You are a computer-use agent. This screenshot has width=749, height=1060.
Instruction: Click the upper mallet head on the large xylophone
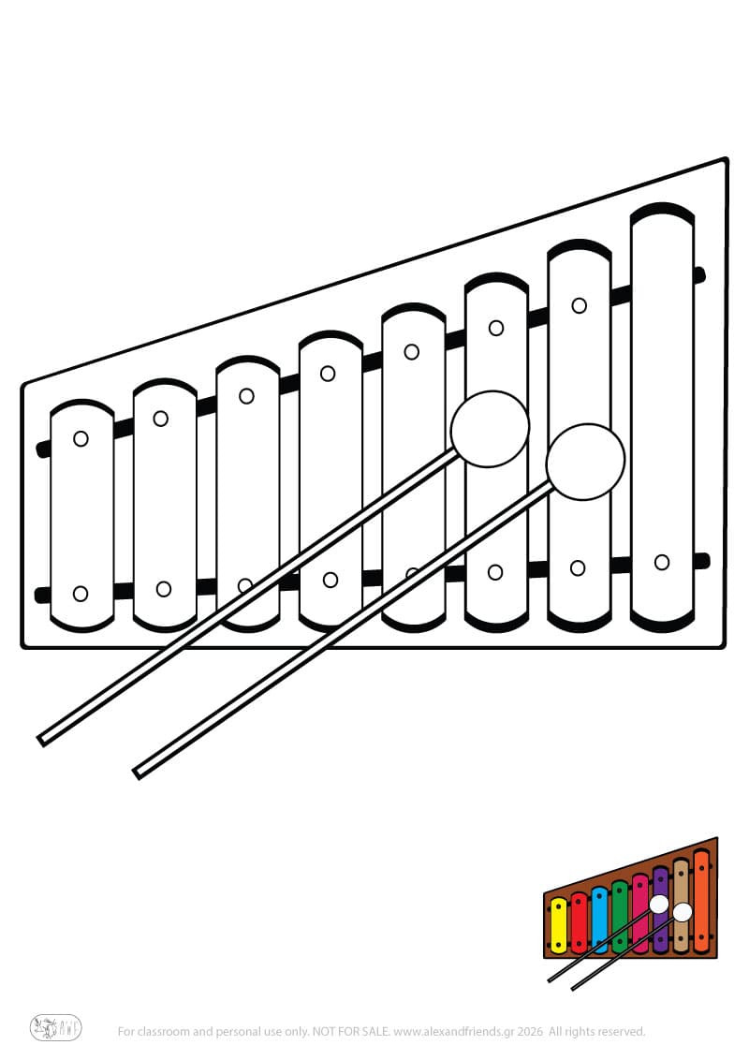tap(490, 429)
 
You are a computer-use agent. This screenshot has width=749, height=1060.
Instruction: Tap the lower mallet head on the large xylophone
tap(585, 462)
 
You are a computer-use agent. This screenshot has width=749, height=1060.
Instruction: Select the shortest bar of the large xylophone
tap(81, 515)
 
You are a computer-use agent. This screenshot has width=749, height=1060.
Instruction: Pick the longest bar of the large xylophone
tap(663, 417)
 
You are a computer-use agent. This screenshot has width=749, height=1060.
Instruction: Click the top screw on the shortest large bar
tap(81, 439)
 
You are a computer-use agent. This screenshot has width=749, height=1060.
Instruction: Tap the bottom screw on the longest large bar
tap(662, 562)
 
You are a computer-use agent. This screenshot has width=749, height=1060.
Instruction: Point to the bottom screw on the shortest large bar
tap(81, 594)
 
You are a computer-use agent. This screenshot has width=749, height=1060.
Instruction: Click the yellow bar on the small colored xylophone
tap(559, 925)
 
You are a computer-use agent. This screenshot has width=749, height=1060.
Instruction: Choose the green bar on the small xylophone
tap(620, 917)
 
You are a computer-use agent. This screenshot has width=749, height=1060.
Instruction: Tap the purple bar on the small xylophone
tap(661, 910)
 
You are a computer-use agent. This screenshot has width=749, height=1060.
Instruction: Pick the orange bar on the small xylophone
tap(701, 901)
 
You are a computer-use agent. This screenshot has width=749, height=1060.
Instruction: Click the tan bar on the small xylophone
tap(681, 905)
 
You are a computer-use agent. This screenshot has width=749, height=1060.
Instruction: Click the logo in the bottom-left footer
tap(55, 1028)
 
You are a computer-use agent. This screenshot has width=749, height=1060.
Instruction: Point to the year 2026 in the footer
tap(531, 1032)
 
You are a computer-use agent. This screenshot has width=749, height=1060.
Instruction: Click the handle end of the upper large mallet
tap(42, 741)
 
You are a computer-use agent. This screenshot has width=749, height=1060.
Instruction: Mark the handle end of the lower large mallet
tap(138, 773)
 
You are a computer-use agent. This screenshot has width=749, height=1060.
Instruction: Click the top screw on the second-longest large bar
tap(579, 305)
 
